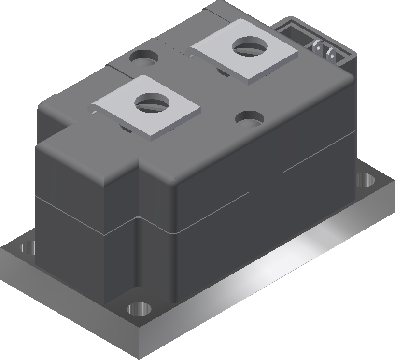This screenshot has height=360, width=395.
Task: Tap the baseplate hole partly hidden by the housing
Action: (x=28, y=248)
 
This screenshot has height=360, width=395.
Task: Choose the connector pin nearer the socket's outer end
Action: (x=332, y=54)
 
